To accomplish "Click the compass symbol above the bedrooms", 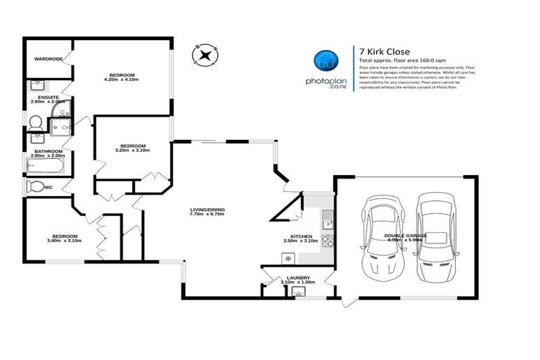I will click(205, 55).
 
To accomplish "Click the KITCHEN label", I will click(300, 236).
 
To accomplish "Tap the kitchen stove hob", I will click(327, 239).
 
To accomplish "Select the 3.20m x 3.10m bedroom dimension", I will click(132, 150).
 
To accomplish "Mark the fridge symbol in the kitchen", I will click(288, 259).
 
